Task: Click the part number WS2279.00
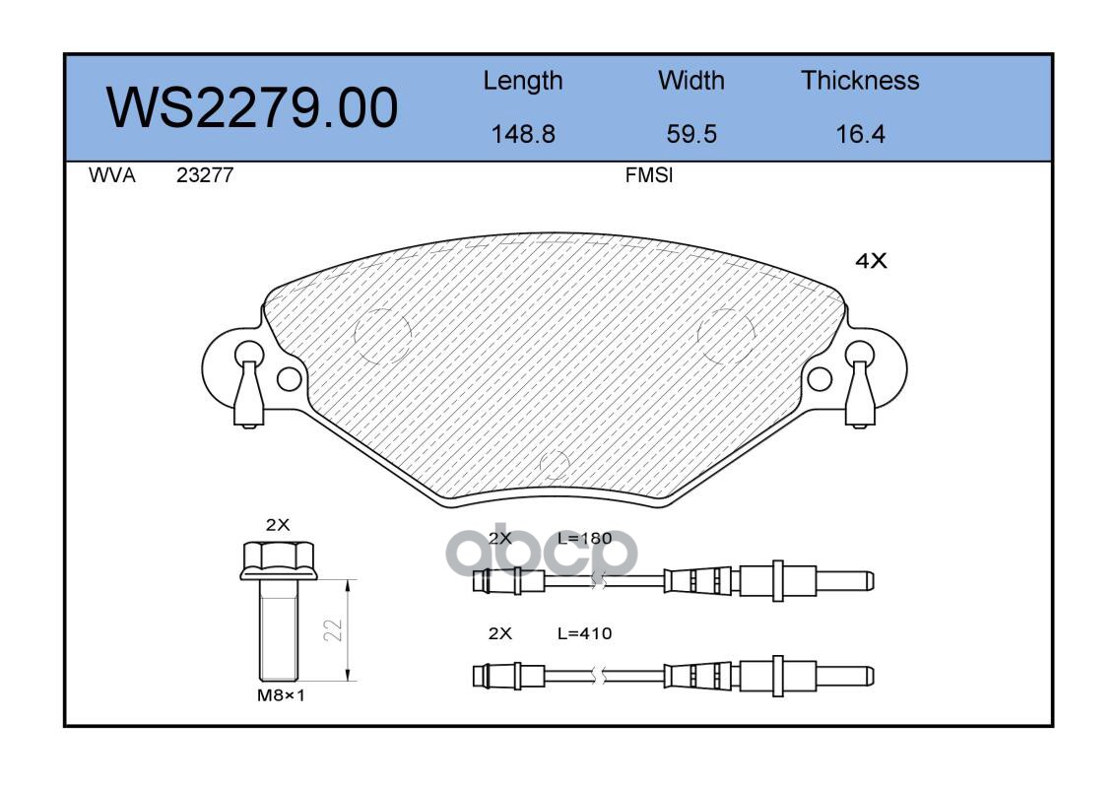click(252, 107)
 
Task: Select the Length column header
click(523, 82)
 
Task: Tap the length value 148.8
click(523, 134)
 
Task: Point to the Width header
click(691, 80)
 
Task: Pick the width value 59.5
click(691, 134)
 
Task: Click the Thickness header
click(860, 80)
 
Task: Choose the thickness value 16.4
click(860, 134)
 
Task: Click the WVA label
click(112, 175)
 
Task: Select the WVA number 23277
click(205, 175)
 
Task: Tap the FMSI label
click(649, 175)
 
